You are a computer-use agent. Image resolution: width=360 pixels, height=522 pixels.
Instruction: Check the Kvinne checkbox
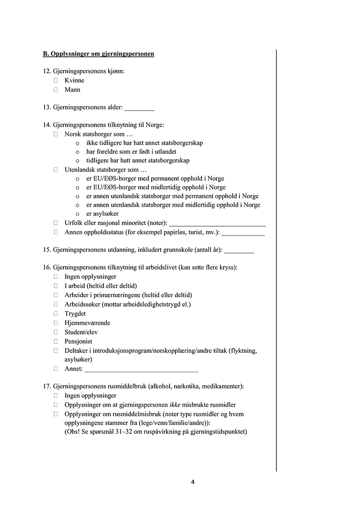(x=56, y=80)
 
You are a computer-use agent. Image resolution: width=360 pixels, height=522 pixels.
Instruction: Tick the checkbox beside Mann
(x=56, y=89)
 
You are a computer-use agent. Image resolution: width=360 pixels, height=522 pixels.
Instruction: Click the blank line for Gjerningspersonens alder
(x=139, y=109)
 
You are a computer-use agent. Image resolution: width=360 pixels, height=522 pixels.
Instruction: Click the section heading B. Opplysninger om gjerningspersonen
(x=99, y=54)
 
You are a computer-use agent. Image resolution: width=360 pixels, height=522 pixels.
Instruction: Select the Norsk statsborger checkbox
(x=56, y=134)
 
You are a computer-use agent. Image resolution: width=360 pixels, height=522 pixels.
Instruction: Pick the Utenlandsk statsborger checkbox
(x=56, y=170)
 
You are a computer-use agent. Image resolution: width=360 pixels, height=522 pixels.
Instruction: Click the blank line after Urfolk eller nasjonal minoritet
(x=217, y=224)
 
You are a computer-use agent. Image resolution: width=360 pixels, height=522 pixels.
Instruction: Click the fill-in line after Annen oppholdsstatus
(x=243, y=233)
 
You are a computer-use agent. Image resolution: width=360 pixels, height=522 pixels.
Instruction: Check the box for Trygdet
(x=56, y=313)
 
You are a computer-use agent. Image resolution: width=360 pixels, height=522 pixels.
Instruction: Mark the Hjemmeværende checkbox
(x=56, y=323)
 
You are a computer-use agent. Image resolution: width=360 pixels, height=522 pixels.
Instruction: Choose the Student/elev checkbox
(x=56, y=332)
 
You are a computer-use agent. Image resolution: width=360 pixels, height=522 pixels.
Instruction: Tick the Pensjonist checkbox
(x=56, y=341)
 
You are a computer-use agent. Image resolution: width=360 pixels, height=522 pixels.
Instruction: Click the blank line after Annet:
(x=141, y=370)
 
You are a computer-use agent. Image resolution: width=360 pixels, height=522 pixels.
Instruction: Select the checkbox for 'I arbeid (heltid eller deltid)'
(x=56, y=286)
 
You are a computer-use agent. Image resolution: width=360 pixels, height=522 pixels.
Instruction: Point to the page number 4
(x=193, y=482)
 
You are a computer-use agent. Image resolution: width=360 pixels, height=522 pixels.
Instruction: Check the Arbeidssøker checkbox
(x=56, y=304)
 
